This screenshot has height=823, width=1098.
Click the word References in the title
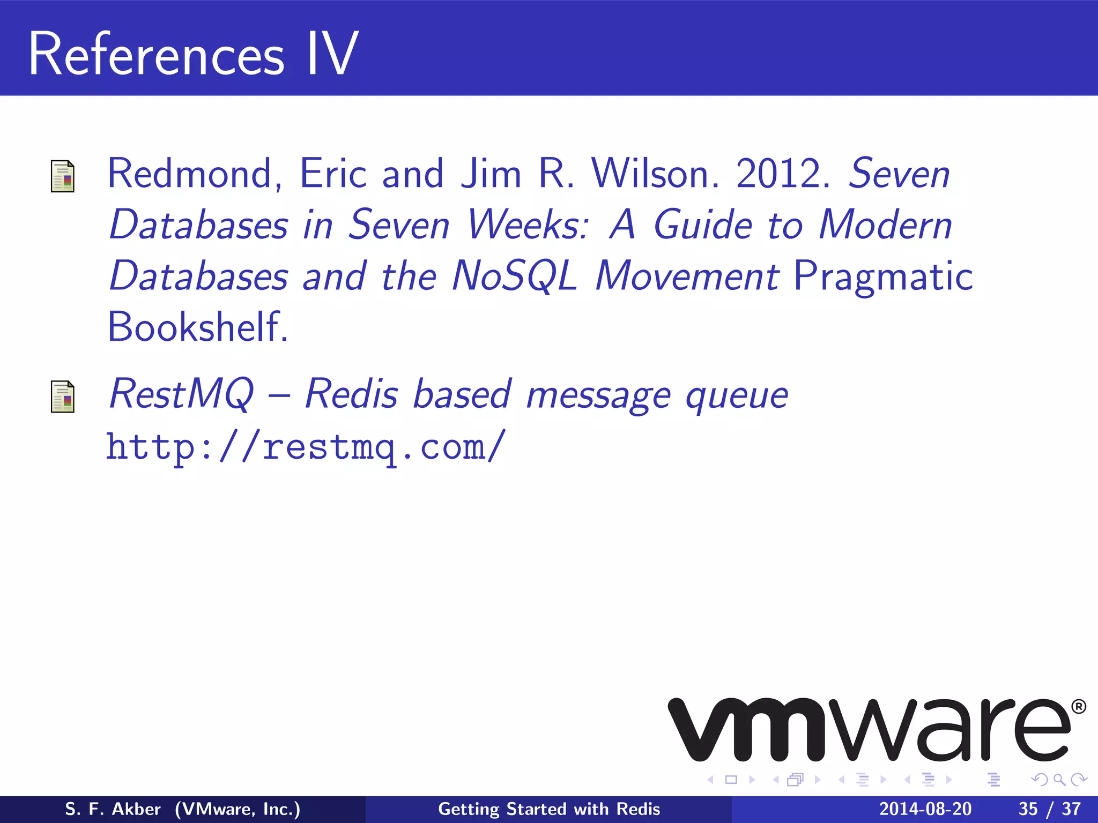[x=156, y=55]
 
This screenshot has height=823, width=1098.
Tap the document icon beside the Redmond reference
[x=63, y=176]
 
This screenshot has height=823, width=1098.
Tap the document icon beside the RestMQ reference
[x=63, y=396]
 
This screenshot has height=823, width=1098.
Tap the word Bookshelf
[x=197, y=327]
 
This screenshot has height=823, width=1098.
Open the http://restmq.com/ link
[x=306, y=447]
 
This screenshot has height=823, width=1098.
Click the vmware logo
[x=869, y=730]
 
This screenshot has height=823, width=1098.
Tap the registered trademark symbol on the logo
[x=1078, y=707]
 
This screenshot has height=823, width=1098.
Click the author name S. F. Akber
[x=113, y=809]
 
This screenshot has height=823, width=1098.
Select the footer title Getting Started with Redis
[x=549, y=809]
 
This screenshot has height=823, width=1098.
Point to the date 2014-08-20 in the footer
[x=925, y=809]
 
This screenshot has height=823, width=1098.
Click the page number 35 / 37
[x=1049, y=809]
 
